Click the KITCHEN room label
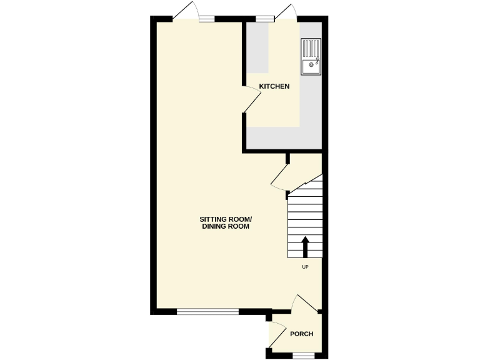pyautogui.click(x=274, y=86)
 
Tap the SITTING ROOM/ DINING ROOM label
pyautogui.click(x=225, y=223)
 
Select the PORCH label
pyautogui.click(x=301, y=334)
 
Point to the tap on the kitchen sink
pyautogui.click(x=317, y=61)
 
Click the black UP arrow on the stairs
pyautogui.click(x=306, y=246)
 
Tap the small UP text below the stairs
pyautogui.click(x=306, y=267)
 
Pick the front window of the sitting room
pyautogui.click(x=207, y=311)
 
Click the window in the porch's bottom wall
pyautogui.click(x=302, y=355)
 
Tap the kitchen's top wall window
pyautogui.click(x=264, y=18)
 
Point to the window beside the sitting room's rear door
pyautogui.click(x=207, y=19)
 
